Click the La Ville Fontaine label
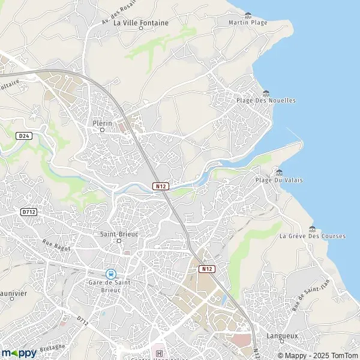point(141,23)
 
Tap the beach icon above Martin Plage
point(248,15)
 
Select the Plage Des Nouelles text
point(266,100)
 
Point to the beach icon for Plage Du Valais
point(279,172)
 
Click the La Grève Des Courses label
point(312,236)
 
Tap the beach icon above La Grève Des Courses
point(312,228)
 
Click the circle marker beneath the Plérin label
point(102,130)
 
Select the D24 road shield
point(23,136)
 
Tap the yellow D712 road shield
point(28,212)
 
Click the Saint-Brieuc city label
point(118,233)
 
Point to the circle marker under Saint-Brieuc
point(118,241)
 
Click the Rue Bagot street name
point(56,245)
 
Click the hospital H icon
point(158,353)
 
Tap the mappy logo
point(19,353)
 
